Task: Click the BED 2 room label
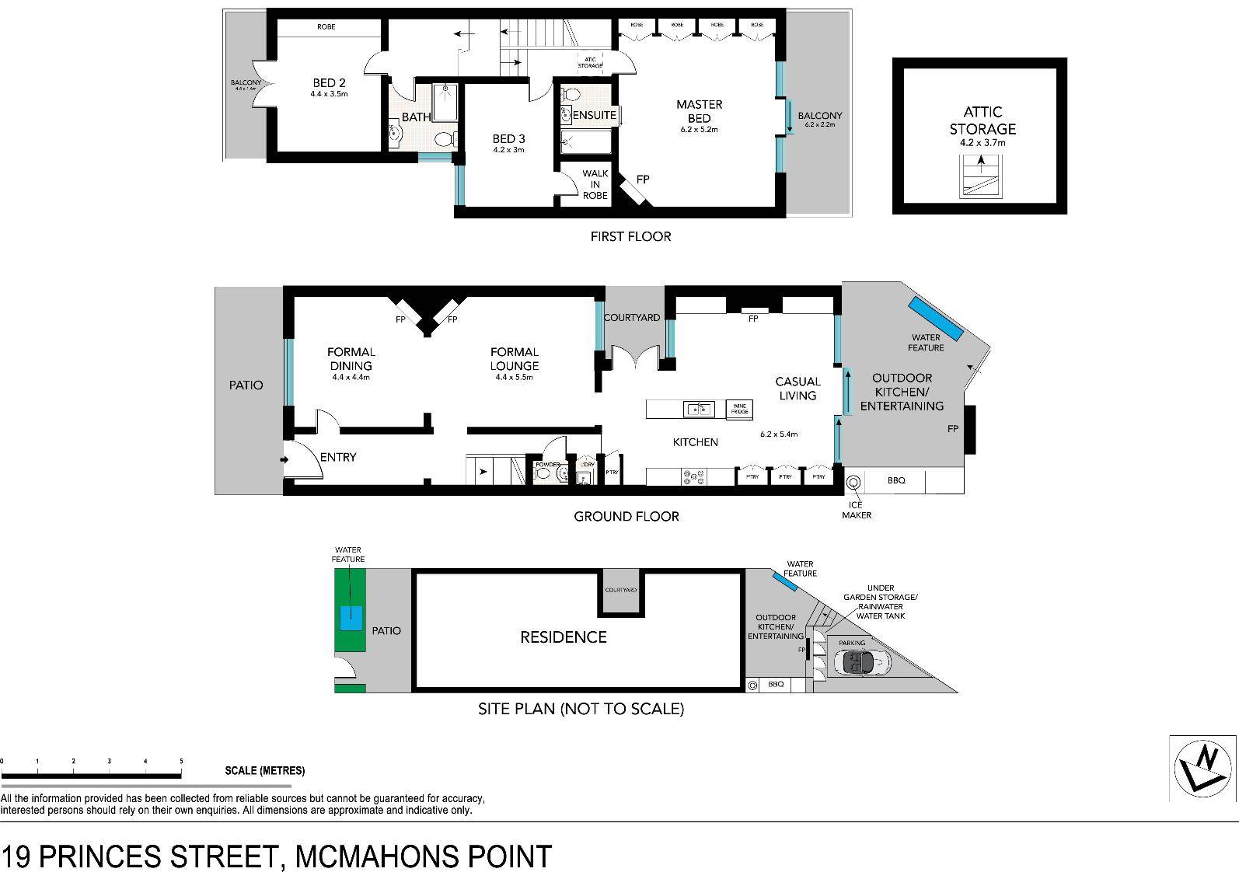coord(329,83)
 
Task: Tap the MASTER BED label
coord(699,111)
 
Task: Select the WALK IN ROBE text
coord(595,185)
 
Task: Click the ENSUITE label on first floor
coord(594,115)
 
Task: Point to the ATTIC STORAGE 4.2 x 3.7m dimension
coord(982,143)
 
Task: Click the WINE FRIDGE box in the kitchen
coord(739,408)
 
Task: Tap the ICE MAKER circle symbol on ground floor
coord(853,483)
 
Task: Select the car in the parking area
coord(863,663)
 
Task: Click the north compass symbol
coord(1202,767)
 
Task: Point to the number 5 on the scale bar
coord(181,762)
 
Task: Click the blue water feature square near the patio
coord(351,617)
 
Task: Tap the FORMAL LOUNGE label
coord(514,358)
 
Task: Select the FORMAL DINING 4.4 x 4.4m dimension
coord(351,378)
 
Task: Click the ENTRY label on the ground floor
coord(338,457)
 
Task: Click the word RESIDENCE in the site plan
coord(563,637)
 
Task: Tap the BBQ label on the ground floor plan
coord(896,480)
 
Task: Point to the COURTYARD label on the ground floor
coord(631,318)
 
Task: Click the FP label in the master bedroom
coord(643,180)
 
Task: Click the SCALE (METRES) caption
coord(264,771)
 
